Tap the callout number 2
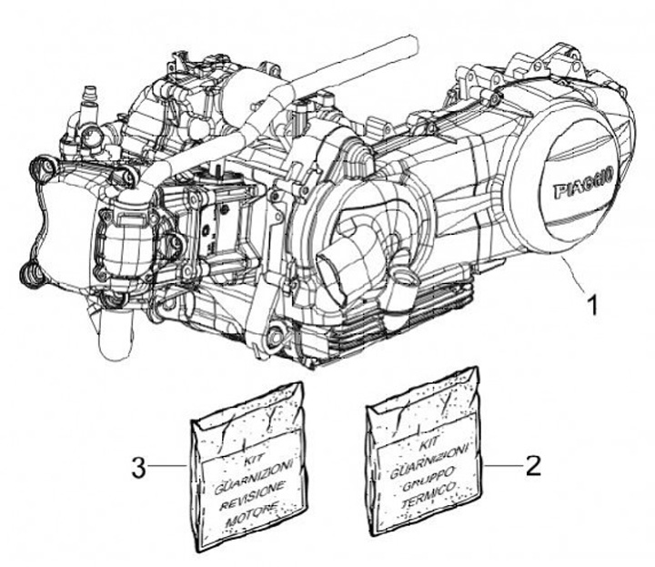[533, 467]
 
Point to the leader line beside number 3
[170, 467]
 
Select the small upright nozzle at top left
[90, 95]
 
